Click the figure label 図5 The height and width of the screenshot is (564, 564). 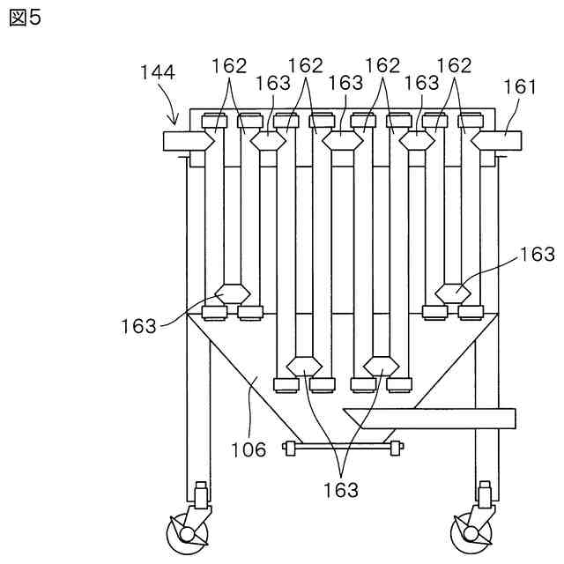click(x=25, y=18)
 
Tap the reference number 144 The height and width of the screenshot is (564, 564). click(x=157, y=72)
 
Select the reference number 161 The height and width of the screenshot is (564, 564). click(x=519, y=86)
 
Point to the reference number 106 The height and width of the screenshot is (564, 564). click(x=249, y=449)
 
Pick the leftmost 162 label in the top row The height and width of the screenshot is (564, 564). click(x=229, y=65)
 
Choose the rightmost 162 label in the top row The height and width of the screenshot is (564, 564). click(x=455, y=65)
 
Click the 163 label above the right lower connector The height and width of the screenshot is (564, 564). click(x=537, y=255)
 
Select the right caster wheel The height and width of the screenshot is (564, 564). click(x=468, y=532)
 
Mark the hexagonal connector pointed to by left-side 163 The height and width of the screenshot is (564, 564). click(x=234, y=292)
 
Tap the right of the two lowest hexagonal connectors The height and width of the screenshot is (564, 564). click(x=382, y=364)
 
